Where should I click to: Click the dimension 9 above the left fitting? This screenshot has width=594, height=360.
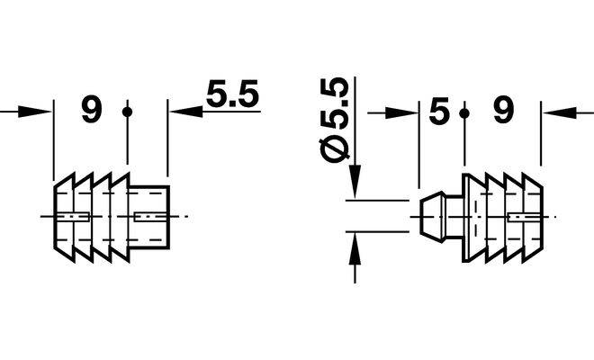pos(92,110)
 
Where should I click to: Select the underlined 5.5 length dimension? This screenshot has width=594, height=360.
pos(232,94)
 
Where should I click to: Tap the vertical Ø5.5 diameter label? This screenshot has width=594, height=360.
pos(335,121)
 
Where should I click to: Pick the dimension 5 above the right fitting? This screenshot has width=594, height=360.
pos(438,111)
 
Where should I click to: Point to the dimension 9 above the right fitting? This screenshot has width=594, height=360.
pos(503,111)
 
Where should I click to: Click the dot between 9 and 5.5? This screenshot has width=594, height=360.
pos(127,112)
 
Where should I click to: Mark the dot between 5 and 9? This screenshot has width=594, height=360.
pos(464,113)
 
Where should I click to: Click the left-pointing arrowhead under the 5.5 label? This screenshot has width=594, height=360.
pos(185,112)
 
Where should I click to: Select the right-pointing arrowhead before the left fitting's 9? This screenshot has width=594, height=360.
pos(35,112)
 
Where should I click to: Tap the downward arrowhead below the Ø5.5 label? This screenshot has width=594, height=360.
pos(355,182)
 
